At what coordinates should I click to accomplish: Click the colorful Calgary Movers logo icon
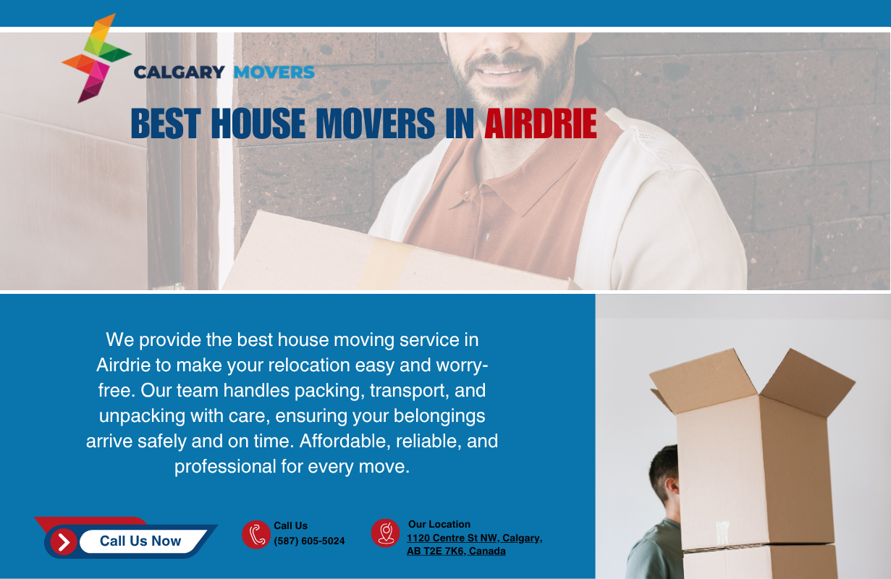click(x=96, y=58)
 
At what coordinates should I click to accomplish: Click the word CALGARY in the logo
click(x=180, y=72)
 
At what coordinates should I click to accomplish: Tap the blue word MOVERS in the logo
click(x=274, y=72)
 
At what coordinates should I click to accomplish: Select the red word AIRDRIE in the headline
click(x=541, y=124)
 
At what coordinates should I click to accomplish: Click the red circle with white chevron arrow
click(x=64, y=541)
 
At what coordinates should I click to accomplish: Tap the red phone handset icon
click(x=256, y=534)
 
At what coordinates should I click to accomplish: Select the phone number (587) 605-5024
click(x=309, y=541)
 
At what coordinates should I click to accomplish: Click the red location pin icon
click(x=386, y=533)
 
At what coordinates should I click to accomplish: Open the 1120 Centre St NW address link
click(x=474, y=544)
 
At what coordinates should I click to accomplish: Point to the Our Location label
click(x=439, y=524)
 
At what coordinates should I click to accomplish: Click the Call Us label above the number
click(x=291, y=525)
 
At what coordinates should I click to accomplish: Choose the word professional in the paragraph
click(x=225, y=467)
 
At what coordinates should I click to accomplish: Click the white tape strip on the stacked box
click(x=723, y=533)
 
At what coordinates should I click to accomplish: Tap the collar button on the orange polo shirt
click(x=487, y=237)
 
